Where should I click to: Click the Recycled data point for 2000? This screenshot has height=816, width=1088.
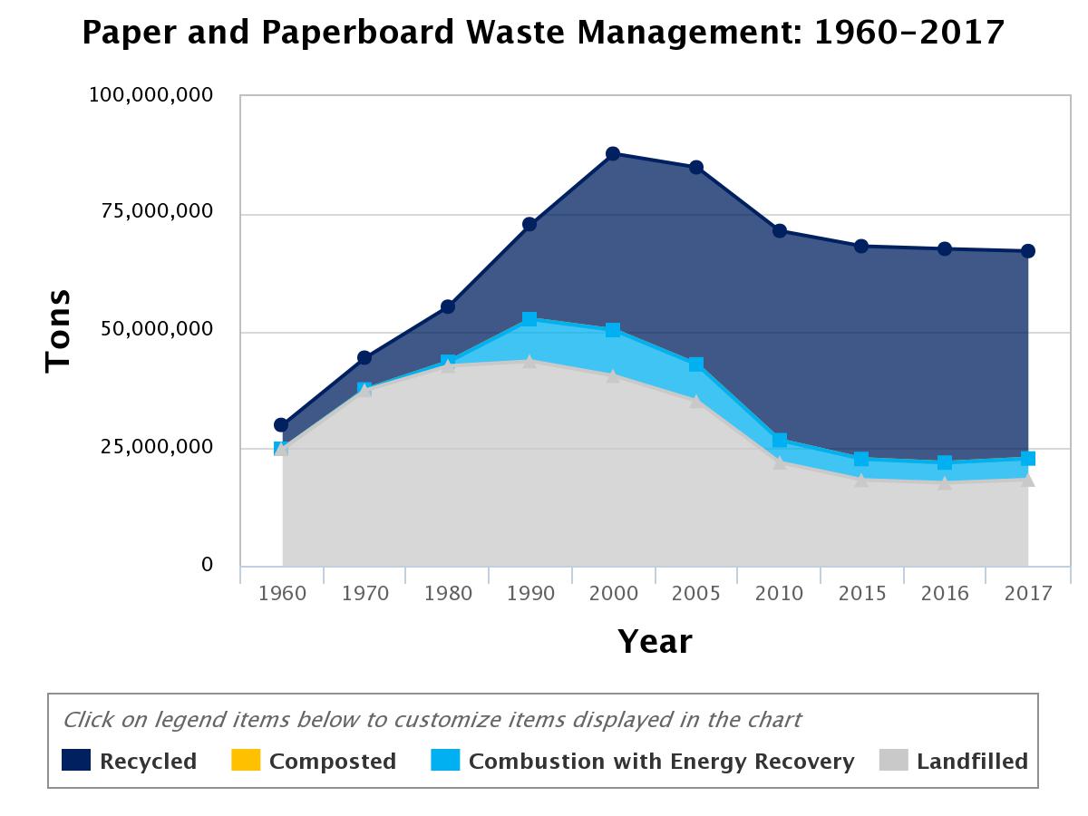(613, 153)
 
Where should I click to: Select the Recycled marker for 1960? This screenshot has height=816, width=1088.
(281, 424)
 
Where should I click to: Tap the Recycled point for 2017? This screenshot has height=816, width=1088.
(1028, 251)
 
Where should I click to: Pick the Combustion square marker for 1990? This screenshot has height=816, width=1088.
(529, 319)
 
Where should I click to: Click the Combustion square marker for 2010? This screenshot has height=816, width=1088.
(779, 441)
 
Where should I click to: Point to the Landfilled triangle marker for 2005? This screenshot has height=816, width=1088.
(696, 401)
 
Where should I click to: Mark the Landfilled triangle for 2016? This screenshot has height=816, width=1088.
(945, 482)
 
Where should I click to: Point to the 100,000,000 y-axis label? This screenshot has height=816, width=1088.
(151, 95)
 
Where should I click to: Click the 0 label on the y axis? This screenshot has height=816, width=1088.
(207, 565)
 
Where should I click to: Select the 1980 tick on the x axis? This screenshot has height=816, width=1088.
(448, 594)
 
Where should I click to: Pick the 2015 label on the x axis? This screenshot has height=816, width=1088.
(861, 594)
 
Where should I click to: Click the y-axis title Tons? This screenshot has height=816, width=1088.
(58, 330)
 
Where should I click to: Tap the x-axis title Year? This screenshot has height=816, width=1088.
(655, 642)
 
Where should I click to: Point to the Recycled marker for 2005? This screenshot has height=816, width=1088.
(696, 167)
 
